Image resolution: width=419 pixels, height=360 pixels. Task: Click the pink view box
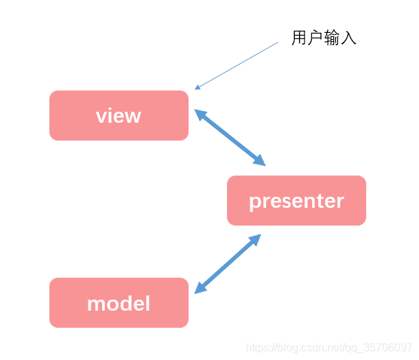click(x=119, y=115)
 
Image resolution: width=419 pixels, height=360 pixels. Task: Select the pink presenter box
click(x=296, y=200)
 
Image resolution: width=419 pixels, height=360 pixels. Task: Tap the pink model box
click(x=119, y=302)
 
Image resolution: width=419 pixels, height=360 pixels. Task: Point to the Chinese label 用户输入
click(x=324, y=38)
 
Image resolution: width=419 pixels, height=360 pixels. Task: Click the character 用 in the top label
click(x=299, y=38)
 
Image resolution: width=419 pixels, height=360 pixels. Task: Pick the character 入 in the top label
click(x=349, y=38)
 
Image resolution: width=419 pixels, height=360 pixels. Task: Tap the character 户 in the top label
click(x=315, y=38)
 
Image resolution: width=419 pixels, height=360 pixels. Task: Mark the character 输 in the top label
click(x=332, y=38)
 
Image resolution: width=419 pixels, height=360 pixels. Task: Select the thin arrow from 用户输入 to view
click(x=237, y=64)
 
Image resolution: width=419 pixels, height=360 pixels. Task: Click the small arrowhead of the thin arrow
click(x=197, y=87)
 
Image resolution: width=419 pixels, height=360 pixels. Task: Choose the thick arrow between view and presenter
click(x=230, y=137)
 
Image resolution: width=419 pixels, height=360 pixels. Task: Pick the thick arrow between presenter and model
click(x=228, y=264)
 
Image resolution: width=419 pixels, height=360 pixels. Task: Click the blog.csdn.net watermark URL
click(x=329, y=348)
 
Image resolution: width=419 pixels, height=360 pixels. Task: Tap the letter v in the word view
click(x=101, y=116)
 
